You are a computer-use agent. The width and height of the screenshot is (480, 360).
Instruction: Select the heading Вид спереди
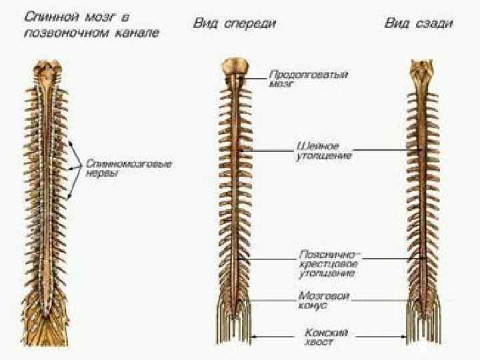[235, 23]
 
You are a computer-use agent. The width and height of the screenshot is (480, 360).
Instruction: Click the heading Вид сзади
[419, 23]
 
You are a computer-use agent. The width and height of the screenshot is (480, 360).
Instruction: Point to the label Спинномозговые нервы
[129, 167]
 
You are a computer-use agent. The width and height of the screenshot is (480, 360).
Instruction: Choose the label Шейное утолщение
[323, 151]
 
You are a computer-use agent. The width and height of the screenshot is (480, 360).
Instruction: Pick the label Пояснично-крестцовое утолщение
[329, 264]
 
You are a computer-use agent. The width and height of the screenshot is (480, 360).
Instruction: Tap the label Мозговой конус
[324, 300]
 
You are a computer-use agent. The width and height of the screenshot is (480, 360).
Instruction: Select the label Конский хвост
[327, 336]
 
